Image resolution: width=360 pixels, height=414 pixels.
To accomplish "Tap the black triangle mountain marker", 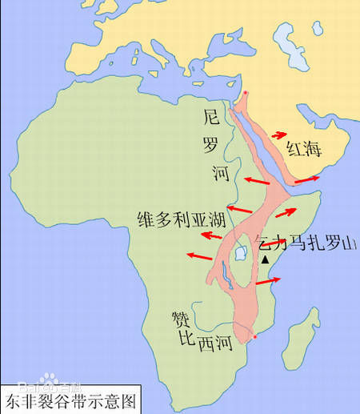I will click(x=264, y=260).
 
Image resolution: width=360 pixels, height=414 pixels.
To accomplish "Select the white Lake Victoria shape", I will click(x=238, y=255).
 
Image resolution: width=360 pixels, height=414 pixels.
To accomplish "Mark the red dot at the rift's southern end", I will click(x=255, y=337).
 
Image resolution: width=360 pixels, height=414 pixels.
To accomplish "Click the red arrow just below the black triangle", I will click(x=270, y=281).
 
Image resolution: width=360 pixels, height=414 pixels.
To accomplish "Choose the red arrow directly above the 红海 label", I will click(x=280, y=135).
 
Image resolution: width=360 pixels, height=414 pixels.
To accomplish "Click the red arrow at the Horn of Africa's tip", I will click(x=308, y=179).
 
